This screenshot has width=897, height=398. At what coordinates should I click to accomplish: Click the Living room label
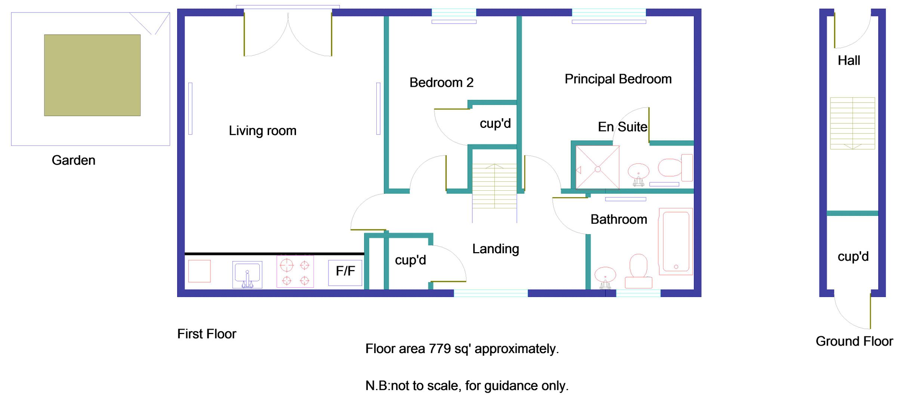point(262,131)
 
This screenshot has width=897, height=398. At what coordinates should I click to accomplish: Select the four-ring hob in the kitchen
point(295,272)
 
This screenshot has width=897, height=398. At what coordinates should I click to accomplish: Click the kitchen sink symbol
point(247,274)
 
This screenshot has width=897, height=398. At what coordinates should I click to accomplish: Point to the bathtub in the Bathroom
point(676,242)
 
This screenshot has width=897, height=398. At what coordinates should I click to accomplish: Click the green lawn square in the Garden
point(92,75)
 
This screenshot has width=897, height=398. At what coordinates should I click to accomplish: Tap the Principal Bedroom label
point(618,79)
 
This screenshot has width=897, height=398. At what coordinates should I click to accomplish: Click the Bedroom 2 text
point(441,83)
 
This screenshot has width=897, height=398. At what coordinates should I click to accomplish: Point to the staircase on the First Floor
point(494,186)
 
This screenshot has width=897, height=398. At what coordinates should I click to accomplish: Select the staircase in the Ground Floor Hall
point(852,123)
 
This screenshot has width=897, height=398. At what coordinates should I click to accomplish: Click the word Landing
point(495,249)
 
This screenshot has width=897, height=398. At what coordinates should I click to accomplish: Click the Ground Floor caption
point(854,342)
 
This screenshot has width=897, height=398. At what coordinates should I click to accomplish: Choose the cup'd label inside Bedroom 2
point(495,123)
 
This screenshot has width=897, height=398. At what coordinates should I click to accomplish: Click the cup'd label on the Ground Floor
point(853,257)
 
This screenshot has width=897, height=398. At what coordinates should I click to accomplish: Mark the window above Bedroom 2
point(454,12)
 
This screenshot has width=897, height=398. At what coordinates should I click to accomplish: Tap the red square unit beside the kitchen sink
point(199,271)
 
